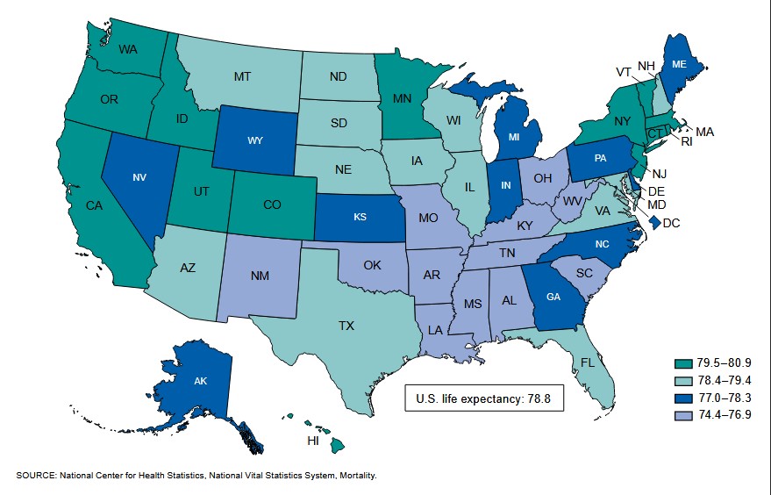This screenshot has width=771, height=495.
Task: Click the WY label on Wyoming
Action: pyautogui.click(x=255, y=140)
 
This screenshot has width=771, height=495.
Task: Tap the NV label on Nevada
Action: pyautogui.click(x=139, y=176)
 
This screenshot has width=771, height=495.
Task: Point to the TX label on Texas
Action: pyautogui.click(x=346, y=326)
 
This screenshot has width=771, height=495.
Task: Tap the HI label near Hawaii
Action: pyautogui.click(x=313, y=441)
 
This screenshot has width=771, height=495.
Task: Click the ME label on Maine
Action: pyautogui.click(x=679, y=64)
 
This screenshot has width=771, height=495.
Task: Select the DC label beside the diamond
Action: pyautogui.click(x=671, y=223)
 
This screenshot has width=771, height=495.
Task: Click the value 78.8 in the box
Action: pyautogui.click(x=541, y=399)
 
